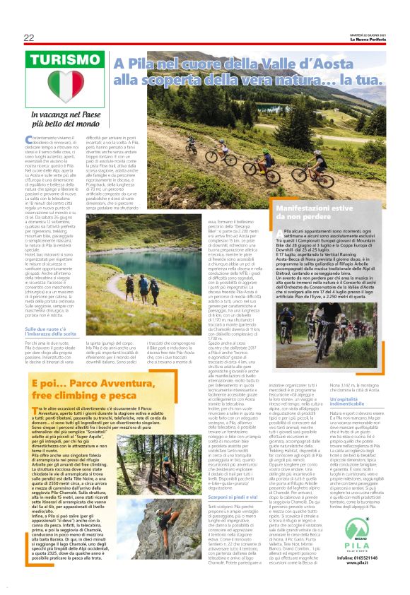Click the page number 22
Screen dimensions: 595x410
(29, 37)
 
